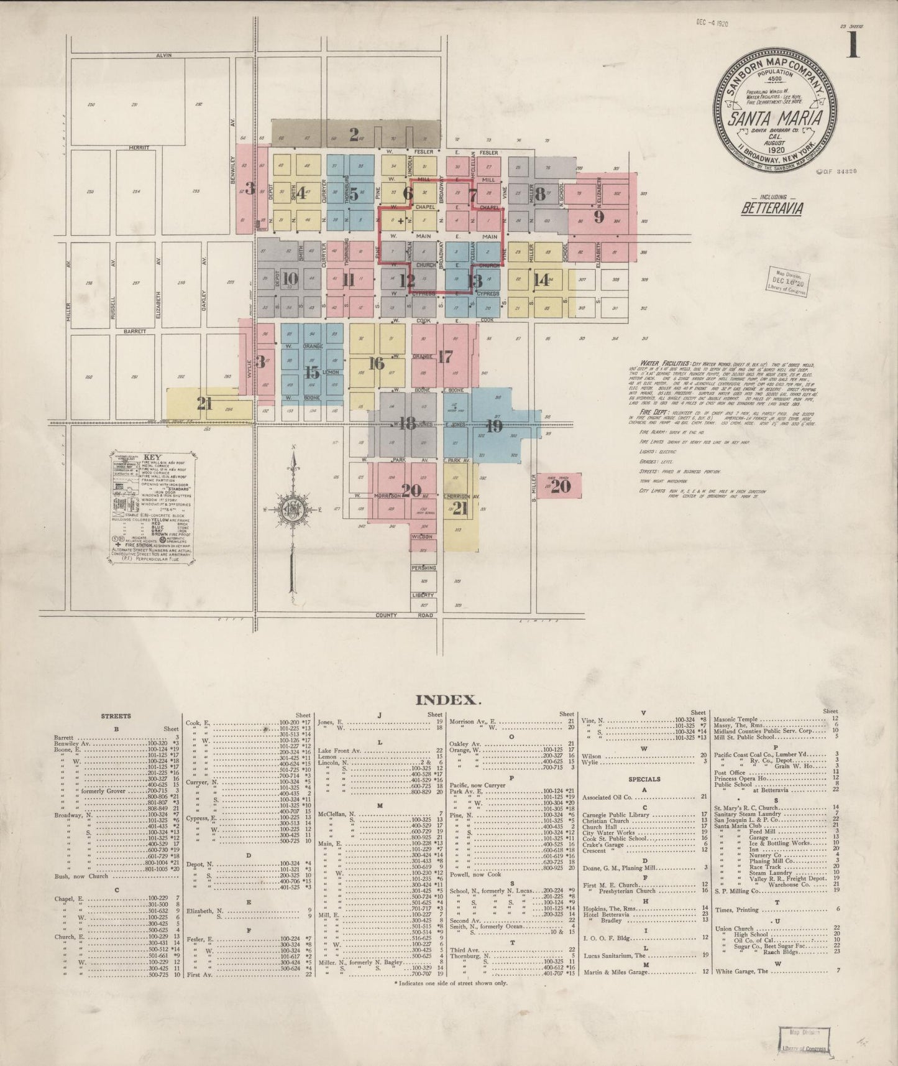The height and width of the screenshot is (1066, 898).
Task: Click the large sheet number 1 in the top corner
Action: [x=853, y=45]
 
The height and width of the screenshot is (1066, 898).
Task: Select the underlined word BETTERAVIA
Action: [x=771, y=208]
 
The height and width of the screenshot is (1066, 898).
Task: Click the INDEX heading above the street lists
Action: [x=447, y=700]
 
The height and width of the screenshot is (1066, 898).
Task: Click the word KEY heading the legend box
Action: [x=152, y=457]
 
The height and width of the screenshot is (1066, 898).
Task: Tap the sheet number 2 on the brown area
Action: [x=354, y=134]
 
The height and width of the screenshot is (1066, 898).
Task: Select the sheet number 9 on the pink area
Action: [x=598, y=216]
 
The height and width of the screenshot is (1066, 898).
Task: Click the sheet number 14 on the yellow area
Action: [x=542, y=279]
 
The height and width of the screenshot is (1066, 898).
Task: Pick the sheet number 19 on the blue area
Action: [x=494, y=426]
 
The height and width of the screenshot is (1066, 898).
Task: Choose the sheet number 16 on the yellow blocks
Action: [x=375, y=363]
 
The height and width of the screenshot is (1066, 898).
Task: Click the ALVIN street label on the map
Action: [x=163, y=55]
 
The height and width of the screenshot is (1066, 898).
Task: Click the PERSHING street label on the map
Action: [x=423, y=568]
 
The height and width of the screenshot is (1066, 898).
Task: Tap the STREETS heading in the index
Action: [x=116, y=716]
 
